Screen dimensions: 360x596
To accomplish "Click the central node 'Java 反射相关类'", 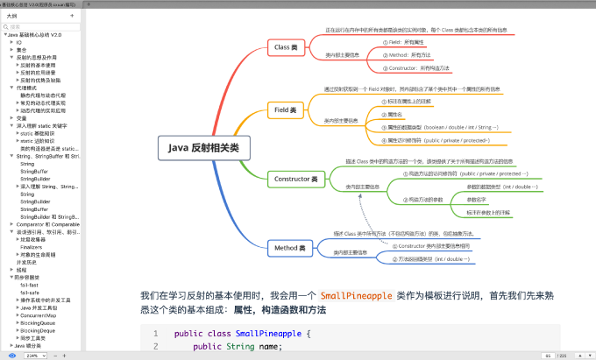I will (204, 148).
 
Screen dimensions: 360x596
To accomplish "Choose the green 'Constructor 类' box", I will (295, 179).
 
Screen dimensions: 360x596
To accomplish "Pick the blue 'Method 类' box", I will (289, 248).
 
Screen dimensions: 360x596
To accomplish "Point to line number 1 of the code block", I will (155, 334).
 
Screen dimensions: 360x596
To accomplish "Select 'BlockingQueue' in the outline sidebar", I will (37, 322).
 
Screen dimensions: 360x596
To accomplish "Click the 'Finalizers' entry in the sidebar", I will (32, 247).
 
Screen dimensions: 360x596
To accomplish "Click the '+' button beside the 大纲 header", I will (71, 16).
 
